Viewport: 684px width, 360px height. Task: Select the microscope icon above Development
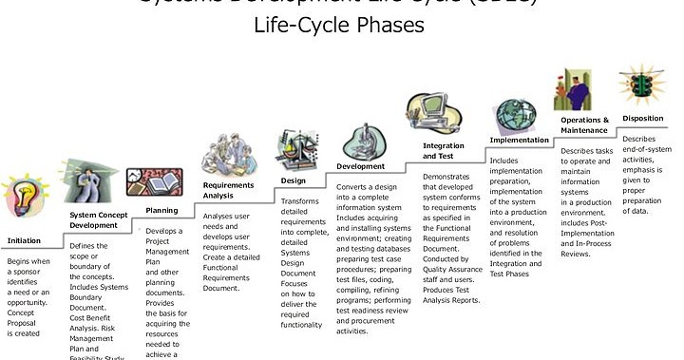pos(362,142)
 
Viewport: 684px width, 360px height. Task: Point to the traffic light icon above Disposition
pos(636,85)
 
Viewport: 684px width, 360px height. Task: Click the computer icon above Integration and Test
pos(432,114)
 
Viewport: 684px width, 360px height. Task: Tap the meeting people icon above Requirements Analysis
pos(228,153)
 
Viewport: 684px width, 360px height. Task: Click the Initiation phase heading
pos(25,240)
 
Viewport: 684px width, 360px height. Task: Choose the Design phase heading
pos(293,180)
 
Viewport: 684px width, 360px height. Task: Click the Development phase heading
pos(360,166)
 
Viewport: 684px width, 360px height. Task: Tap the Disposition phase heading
pos(643,119)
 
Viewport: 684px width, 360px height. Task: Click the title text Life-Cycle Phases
pos(339,26)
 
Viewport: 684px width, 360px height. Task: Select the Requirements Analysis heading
pos(228,191)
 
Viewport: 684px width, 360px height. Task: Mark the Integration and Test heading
pos(444,151)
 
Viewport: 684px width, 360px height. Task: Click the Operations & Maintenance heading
pos(584,125)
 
